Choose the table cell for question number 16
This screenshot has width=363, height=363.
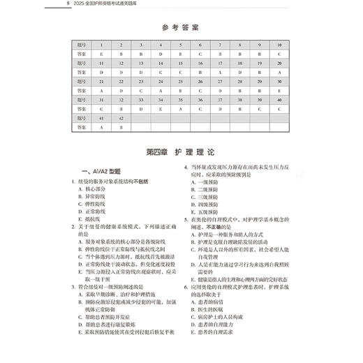tap(200, 62)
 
